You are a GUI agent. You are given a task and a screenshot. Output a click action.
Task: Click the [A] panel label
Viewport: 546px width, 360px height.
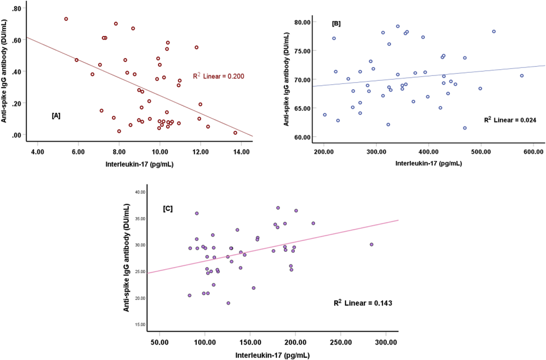click(56, 116)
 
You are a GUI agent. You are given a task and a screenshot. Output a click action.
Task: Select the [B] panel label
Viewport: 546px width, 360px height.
click(336, 24)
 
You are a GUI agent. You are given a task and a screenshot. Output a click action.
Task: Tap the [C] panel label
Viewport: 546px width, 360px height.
click(168, 209)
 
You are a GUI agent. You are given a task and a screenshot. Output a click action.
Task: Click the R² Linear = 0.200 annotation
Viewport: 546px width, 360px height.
click(218, 76)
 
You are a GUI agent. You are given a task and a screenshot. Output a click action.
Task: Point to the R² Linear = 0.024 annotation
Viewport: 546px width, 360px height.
click(510, 120)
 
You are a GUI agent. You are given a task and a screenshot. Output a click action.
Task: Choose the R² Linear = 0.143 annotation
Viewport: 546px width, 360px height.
click(363, 303)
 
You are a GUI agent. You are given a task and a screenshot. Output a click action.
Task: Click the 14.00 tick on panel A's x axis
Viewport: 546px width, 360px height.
click(241, 152)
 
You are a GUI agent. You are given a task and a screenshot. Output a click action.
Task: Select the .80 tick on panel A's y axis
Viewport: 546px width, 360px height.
click(16, 8)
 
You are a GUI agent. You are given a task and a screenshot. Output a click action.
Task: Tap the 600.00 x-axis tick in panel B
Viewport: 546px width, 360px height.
click(533, 152)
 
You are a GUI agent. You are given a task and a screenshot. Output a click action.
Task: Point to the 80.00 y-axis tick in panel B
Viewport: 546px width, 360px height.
click(302, 22)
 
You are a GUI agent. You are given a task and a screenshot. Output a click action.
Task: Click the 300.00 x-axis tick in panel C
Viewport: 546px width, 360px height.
click(386, 342)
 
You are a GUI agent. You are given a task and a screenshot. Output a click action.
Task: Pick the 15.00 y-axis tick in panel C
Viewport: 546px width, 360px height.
click(140, 325)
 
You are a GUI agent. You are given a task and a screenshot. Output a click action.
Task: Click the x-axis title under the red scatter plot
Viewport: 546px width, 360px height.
click(139, 164)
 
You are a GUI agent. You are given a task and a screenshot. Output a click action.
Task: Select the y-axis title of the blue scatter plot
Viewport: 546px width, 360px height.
click(286, 79)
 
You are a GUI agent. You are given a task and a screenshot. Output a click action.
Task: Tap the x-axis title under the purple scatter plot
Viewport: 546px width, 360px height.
click(272, 355)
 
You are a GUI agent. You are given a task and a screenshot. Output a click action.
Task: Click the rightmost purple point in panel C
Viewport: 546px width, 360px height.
click(372, 244)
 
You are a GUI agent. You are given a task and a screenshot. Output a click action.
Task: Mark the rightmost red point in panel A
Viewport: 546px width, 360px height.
click(235, 133)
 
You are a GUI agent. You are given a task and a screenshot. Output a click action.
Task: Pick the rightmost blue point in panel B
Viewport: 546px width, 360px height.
click(522, 76)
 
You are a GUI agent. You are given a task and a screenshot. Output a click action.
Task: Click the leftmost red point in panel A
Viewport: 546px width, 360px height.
click(66, 19)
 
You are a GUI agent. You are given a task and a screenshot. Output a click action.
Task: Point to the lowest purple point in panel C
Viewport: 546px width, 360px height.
click(228, 303)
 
